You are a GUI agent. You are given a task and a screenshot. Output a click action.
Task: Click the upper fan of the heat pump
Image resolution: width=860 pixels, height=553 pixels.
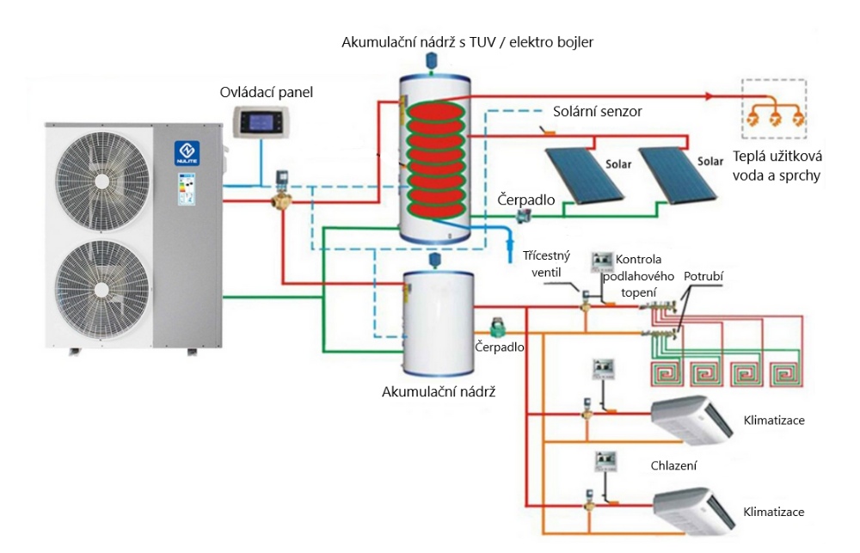pyautogui.click(x=101, y=176)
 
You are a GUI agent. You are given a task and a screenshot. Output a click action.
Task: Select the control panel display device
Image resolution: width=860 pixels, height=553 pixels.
pyautogui.click(x=261, y=123)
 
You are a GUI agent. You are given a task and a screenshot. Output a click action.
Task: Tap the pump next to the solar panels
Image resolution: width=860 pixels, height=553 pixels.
pyautogui.click(x=520, y=218)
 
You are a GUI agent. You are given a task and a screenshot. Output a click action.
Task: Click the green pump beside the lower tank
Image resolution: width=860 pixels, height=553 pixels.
pyautogui.click(x=496, y=329)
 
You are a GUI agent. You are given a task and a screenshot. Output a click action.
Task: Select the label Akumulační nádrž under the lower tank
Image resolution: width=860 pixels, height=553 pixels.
pyautogui.click(x=439, y=391)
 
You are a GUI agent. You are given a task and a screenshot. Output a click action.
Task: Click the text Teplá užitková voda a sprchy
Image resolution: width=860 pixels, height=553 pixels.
pyautogui.click(x=777, y=167)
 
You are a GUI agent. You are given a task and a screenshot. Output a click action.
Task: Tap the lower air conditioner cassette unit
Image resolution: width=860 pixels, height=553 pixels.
pyautogui.click(x=693, y=510)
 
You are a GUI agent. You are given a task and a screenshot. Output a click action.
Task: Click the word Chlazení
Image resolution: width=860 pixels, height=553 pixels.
pyautogui.click(x=673, y=465)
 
